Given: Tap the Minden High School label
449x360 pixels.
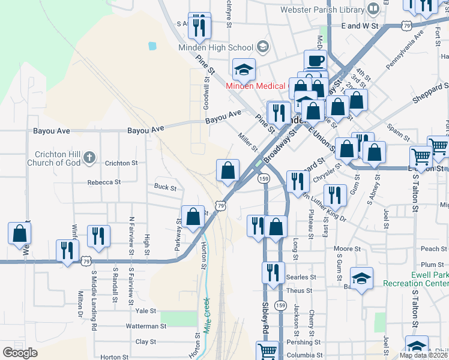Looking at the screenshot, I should [215, 47].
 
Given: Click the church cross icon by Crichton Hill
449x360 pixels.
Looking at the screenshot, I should [89, 158].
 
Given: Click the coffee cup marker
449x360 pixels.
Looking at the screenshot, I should [315, 61].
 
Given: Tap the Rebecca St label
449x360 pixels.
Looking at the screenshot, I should [104, 182].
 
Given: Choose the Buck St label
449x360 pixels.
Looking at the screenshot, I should [165, 188].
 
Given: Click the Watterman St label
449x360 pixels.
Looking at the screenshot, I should [146, 326].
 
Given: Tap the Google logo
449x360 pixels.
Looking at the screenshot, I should [20, 353].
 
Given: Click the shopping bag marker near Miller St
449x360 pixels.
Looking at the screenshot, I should [228, 171].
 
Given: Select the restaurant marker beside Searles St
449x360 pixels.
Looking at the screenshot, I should [273, 272].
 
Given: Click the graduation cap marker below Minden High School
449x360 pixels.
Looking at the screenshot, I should [244, 70].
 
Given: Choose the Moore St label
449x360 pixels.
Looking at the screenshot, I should [347, 248].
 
